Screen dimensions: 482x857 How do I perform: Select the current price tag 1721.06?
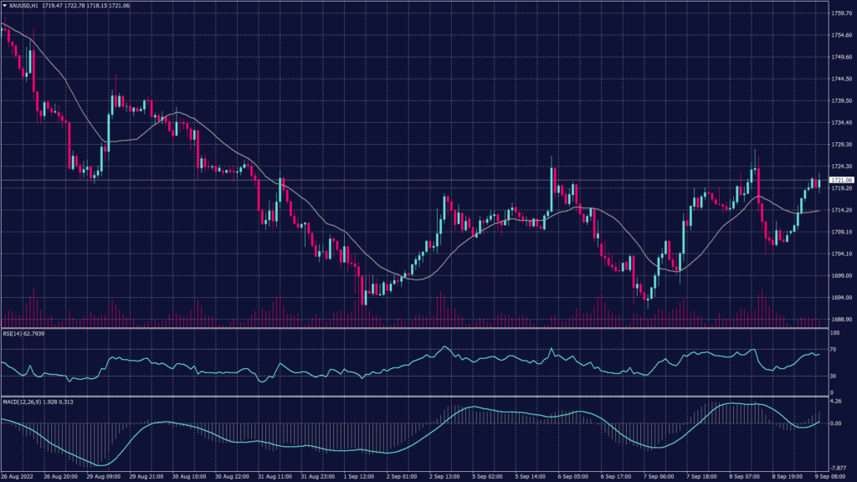pyautogui.click(x=840, y=180)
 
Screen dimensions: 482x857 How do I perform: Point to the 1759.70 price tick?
pyautogui.click(x=841, y=13)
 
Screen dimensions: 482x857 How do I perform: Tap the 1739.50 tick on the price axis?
pyautogui.click(x=841, y=100)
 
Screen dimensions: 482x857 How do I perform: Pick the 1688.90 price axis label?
pyautogui.click(x=841, y=320)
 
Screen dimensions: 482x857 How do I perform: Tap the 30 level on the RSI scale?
pyautogui.click(x=833, y=376)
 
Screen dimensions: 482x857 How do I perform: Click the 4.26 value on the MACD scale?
pyautogui.click(x=835, y=402)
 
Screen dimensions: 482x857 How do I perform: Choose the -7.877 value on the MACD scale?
pyautogui.click(x=838, y=469)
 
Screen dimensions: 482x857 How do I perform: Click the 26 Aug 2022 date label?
pyautogui.click(x=18, y=477)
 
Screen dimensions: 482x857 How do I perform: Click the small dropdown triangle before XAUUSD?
pyautogui.click(x=4, y=7)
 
